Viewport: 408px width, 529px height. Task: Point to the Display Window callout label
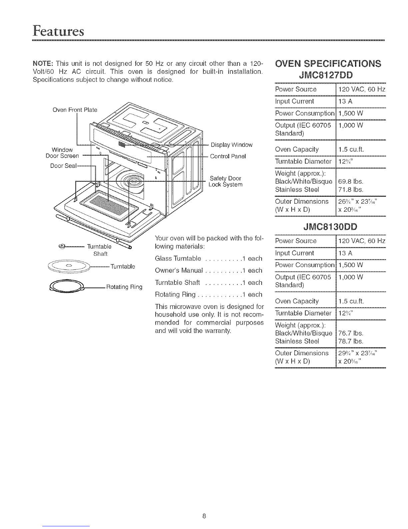click(232, 145)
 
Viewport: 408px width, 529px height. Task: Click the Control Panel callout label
click(227, 156)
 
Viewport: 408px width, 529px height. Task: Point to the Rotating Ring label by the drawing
click(124, 287)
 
